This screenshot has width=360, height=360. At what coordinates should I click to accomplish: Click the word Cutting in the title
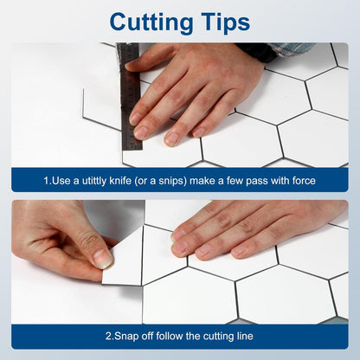click(151, 22)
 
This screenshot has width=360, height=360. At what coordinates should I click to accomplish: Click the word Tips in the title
click(226, 22)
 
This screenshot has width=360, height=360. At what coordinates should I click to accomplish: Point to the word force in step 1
click(304, 181)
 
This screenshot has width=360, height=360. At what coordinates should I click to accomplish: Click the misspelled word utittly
click(94, 181)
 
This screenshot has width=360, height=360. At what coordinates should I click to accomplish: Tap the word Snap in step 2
click(126, 337)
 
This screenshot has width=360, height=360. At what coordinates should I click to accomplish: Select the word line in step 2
click(244, 336)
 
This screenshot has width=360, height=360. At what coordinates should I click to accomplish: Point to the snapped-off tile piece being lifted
click(124, 256)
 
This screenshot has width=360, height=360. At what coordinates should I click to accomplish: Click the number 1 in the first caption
click(46, 181)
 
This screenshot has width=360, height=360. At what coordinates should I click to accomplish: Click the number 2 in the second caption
click(108, 337)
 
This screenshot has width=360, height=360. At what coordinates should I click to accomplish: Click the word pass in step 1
click(256, 182)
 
